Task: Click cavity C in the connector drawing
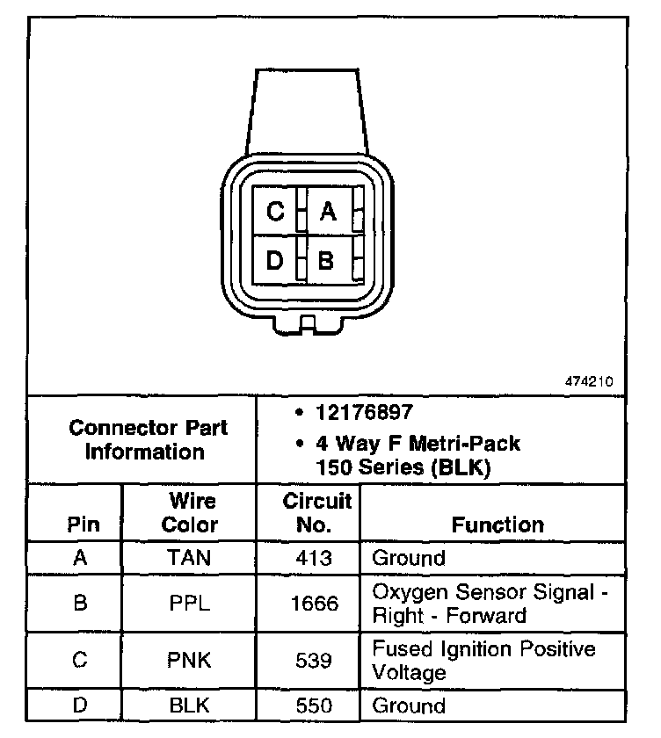tap(276, 211)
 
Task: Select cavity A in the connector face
tap(328, 211)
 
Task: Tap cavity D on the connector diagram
tap(276, 260)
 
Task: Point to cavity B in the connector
tap(326, 260)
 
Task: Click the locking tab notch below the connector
tap(307, 325)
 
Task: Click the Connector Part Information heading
tap(148, 440)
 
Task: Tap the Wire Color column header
tap(192, 513)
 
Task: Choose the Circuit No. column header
tap(317, 513)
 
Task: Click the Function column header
tap(498, 525)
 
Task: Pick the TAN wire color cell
tap(191, 558)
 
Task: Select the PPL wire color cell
tap(191, 604)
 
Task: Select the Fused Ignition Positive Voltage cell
tap(484, 661)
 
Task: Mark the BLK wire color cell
tap(191, 705)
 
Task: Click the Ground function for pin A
tap(409, 558)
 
